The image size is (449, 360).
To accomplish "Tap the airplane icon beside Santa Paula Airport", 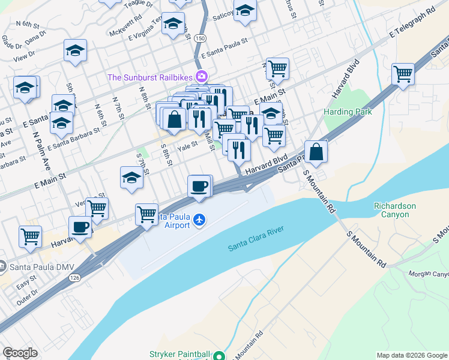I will coord(200,221).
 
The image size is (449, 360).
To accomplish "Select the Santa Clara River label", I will coord(255,239).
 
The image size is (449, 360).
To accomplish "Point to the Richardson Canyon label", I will coord(394,210).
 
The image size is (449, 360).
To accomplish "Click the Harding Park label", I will coord(348,112).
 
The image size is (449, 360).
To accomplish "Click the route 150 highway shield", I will coord(199,38).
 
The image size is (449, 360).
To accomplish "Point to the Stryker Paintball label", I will coord(180,355).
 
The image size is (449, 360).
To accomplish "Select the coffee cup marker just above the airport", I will coord(199,186).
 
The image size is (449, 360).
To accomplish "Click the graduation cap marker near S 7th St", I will coord(132,178).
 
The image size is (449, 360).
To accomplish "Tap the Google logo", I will coord(20,353).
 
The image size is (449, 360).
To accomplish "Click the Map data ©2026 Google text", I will coord(412,355).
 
